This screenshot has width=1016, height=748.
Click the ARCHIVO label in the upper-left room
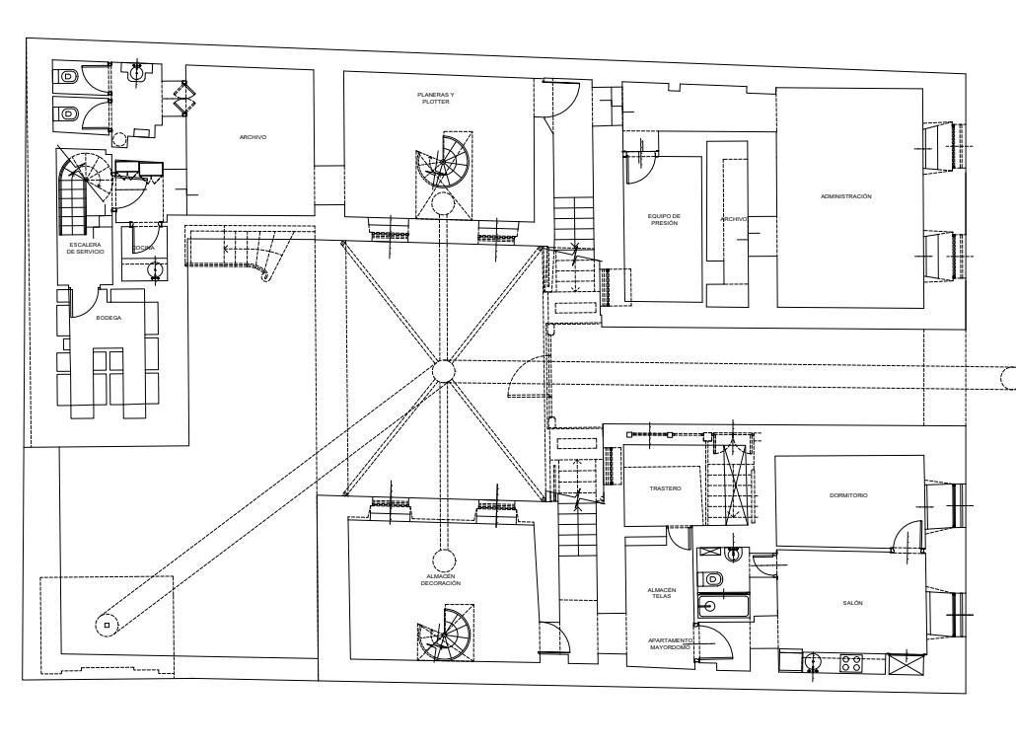pos(253,137)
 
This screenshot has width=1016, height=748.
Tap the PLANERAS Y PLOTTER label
pos(436,98)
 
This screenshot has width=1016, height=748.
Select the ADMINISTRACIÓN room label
pos(845,196)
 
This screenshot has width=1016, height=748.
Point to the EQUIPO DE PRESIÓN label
pos(664,219)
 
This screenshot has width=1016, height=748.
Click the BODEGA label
pos(109,318)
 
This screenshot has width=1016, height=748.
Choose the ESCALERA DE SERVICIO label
pos(85,248)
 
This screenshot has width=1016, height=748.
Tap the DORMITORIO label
pos(848,495)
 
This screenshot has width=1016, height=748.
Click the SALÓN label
pos(853,603)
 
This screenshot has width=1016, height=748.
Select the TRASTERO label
pos(665,488)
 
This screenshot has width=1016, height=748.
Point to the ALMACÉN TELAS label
pos(662,593)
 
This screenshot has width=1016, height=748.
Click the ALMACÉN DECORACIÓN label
pos(441,580)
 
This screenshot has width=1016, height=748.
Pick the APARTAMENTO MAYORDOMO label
pos(670,643)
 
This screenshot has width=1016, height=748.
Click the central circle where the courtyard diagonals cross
pos(444,371)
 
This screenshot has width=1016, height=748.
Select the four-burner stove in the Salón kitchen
pos(850,664)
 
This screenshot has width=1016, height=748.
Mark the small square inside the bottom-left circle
pos(107,624)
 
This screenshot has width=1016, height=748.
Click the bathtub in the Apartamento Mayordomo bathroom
pos(722,605)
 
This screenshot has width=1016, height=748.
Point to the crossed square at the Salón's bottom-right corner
pos(903,664)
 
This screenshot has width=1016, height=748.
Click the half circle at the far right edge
pos(1008,377)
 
